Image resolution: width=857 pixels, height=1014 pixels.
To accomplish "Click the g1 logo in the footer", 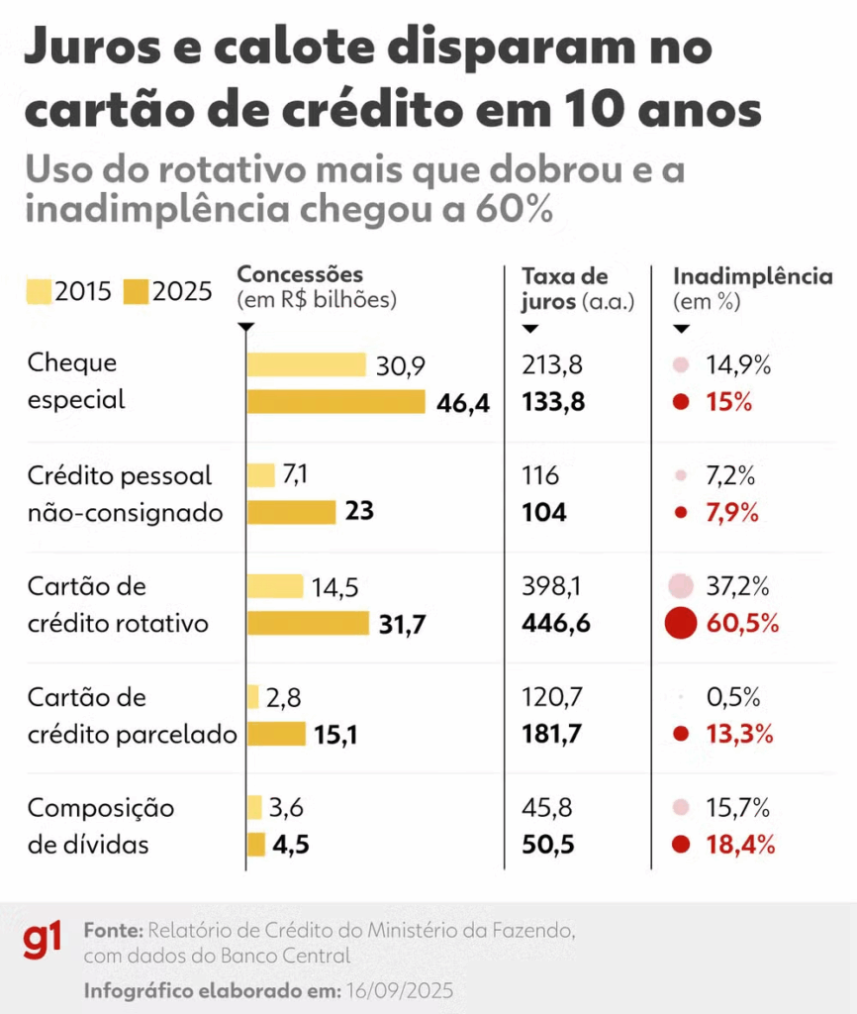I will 43,939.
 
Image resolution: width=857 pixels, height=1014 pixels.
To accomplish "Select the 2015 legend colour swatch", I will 38,291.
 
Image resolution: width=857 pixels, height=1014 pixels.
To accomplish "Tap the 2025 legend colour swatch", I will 136,291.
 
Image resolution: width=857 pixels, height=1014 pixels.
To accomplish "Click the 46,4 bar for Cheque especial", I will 335,402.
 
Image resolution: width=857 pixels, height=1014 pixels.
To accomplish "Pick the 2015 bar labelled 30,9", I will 306,364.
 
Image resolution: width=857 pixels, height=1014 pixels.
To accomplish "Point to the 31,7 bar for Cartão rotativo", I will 308,623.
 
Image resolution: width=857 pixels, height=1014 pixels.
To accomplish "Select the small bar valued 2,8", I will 253,697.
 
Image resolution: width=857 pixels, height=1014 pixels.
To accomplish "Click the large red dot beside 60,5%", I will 680,623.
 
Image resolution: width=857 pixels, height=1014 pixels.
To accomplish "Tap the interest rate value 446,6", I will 557,624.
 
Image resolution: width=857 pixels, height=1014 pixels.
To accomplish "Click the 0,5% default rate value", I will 732,697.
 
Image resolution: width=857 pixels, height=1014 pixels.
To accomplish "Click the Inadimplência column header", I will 752,276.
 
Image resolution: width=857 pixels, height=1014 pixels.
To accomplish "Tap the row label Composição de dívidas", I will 100,827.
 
